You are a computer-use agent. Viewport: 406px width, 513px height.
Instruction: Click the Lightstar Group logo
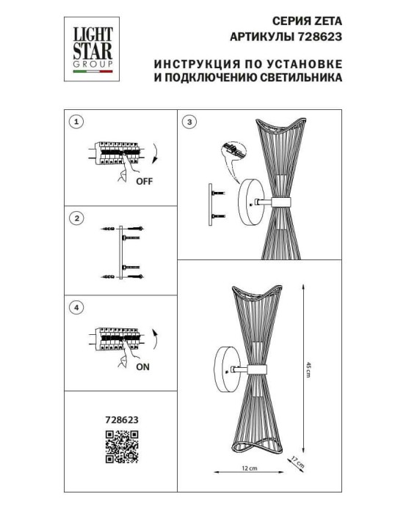(x=87, y=48)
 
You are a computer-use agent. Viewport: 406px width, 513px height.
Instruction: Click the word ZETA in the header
(x=329, y=22)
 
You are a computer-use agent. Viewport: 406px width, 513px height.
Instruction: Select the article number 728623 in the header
(x=321, y=37)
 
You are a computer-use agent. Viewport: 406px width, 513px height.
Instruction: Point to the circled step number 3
(x=191, y=121)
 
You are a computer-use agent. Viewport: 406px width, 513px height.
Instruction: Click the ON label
(x=142, y=371)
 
